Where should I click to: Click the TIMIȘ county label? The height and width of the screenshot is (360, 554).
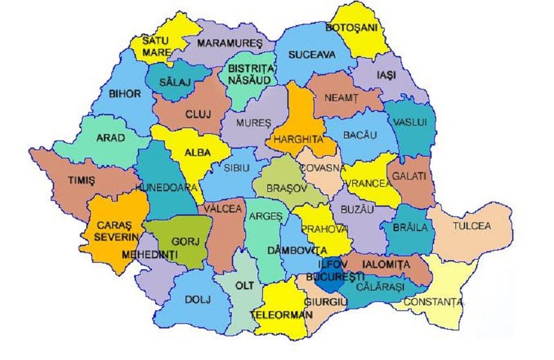[82, 180]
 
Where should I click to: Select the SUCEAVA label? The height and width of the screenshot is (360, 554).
[312, 55]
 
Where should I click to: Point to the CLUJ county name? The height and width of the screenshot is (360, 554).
[193, 114]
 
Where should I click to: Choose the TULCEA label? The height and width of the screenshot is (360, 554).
[471, 226]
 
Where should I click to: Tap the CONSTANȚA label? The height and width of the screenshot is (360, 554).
[433, 301]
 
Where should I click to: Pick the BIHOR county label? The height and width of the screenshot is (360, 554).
[124, 94]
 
